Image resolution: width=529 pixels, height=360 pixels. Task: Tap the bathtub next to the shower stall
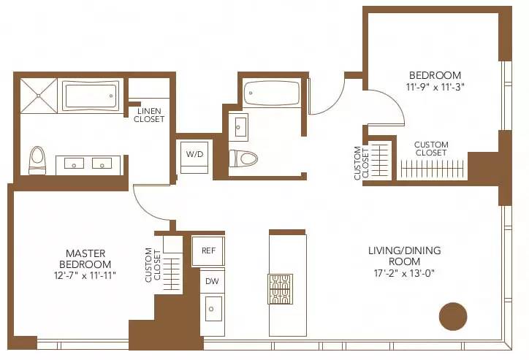[90, 96]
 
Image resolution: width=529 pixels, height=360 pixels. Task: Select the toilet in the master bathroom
[37, 160]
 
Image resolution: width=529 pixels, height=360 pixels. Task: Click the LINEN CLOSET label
[150, 115]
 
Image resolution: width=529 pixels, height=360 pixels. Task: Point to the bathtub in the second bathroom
[272, 93]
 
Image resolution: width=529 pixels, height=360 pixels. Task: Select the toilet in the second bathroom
[243, 158]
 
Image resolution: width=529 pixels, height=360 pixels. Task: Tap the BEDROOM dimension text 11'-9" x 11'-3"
[436, 86]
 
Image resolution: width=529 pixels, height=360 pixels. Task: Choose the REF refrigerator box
[208, 250]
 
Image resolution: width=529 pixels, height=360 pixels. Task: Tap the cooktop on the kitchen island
[281, 288]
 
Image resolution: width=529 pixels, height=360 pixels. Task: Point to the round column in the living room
[452, 316]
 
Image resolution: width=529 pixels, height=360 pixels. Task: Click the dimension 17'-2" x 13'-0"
[404, 274]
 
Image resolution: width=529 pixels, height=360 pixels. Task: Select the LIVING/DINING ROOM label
[404, 256]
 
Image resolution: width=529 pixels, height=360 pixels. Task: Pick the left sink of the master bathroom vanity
[74, 164]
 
